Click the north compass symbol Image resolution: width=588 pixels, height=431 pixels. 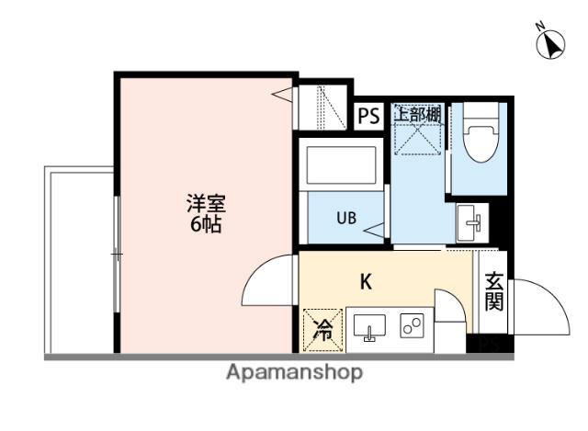pos(550,44)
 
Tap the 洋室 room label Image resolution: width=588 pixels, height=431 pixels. pos(206,203)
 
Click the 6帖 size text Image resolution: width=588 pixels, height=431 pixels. pos(206,224)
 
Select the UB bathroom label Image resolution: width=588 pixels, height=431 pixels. pos(346,218)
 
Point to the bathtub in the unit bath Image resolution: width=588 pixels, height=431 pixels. pos(341,165)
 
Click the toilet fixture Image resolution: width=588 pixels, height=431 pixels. pos(480,132)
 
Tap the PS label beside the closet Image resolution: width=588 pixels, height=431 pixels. pos(369,116)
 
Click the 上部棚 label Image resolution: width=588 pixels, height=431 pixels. pos(417,113)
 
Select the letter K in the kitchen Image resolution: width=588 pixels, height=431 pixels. pos(366,282)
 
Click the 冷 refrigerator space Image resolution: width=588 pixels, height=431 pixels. pos(322,330)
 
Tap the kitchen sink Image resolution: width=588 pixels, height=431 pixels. pos(369,328)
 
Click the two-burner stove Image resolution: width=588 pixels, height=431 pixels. pos(412,325)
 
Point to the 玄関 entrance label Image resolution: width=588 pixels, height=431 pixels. pos(493,292)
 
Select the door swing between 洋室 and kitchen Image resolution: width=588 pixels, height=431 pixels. pos(259,268)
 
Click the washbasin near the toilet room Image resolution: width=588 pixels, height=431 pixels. pos(472,222)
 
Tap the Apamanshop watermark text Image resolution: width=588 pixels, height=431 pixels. pos(294,372)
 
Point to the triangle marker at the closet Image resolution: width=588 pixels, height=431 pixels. pos(282,95)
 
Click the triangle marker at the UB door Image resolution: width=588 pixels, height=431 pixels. pos(374,231)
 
